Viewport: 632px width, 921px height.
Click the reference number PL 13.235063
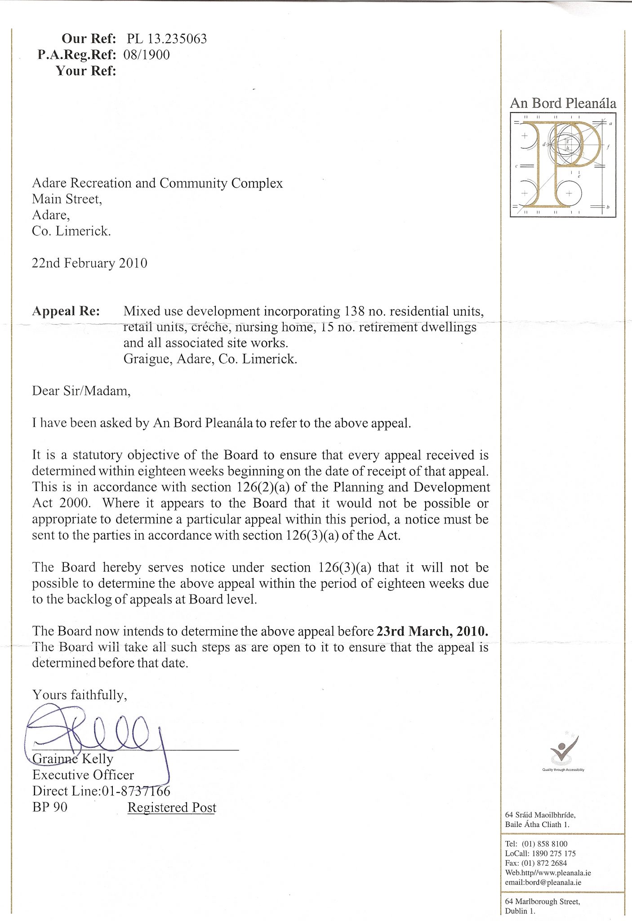[167, 39]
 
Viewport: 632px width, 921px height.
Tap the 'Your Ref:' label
[86, 71]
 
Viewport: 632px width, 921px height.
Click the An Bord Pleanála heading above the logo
[563, 103]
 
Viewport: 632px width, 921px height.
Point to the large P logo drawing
[563, 165]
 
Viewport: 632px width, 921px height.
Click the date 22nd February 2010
[89, 263]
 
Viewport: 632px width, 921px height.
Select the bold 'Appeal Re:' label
[66, 311]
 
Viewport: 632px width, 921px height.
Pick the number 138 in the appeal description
[354, 311]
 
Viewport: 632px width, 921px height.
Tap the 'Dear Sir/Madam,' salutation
[81, 391]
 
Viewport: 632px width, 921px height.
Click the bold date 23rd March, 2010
[432, 631]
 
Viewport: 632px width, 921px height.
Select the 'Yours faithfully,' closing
[80, 695]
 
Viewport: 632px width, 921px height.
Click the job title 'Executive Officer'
[83, 775]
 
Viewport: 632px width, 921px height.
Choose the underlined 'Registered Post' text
[172, 808]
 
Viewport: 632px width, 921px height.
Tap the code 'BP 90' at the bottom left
[50, 807]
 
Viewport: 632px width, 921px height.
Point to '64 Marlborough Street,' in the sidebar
[543, 901]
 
